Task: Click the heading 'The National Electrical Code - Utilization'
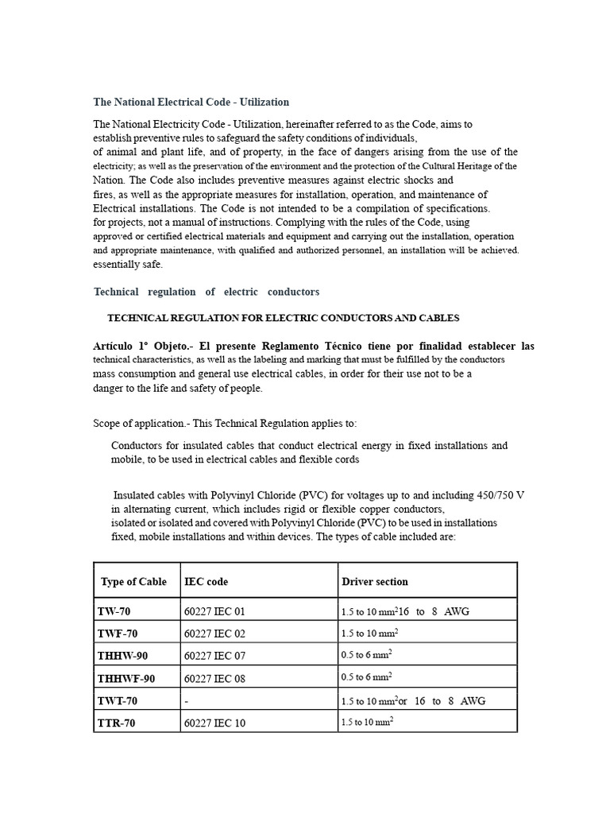click(191, 102)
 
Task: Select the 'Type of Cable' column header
click(133, 581)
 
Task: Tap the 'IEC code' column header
click(206, 581)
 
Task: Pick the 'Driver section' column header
click(374, 581)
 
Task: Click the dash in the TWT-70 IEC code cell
click(186, 700)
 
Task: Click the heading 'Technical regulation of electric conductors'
click(207, 292)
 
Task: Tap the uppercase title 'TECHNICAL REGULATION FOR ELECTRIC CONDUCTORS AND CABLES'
click(283, 318)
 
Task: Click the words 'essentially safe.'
click(127, 264)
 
